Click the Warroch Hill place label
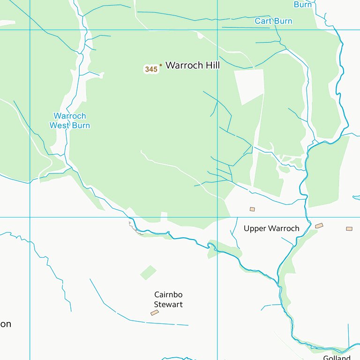(x=192, y=66)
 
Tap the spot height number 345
(x=151, y=69)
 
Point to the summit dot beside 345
(x=161, y=65)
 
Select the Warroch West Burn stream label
(x=70, y=121)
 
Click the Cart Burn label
(x=273, y=21)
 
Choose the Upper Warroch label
(x=271, y=229)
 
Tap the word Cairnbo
(x=168, y=295)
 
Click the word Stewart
(x=168, y=305)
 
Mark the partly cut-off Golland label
(x=337, y=358)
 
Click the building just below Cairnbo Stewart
(x=155, y=313)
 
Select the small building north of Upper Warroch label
(x=252, y=209)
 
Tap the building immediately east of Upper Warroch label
(x=319, y=226)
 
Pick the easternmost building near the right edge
(x=349, y=229)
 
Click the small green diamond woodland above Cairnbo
(x=149, y=272)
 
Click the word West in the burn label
(x=59, y=126)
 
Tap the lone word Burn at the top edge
(x=303, y=5)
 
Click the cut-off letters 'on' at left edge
(x=6, y=324)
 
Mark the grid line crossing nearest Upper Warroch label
(x=217, y=217)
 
